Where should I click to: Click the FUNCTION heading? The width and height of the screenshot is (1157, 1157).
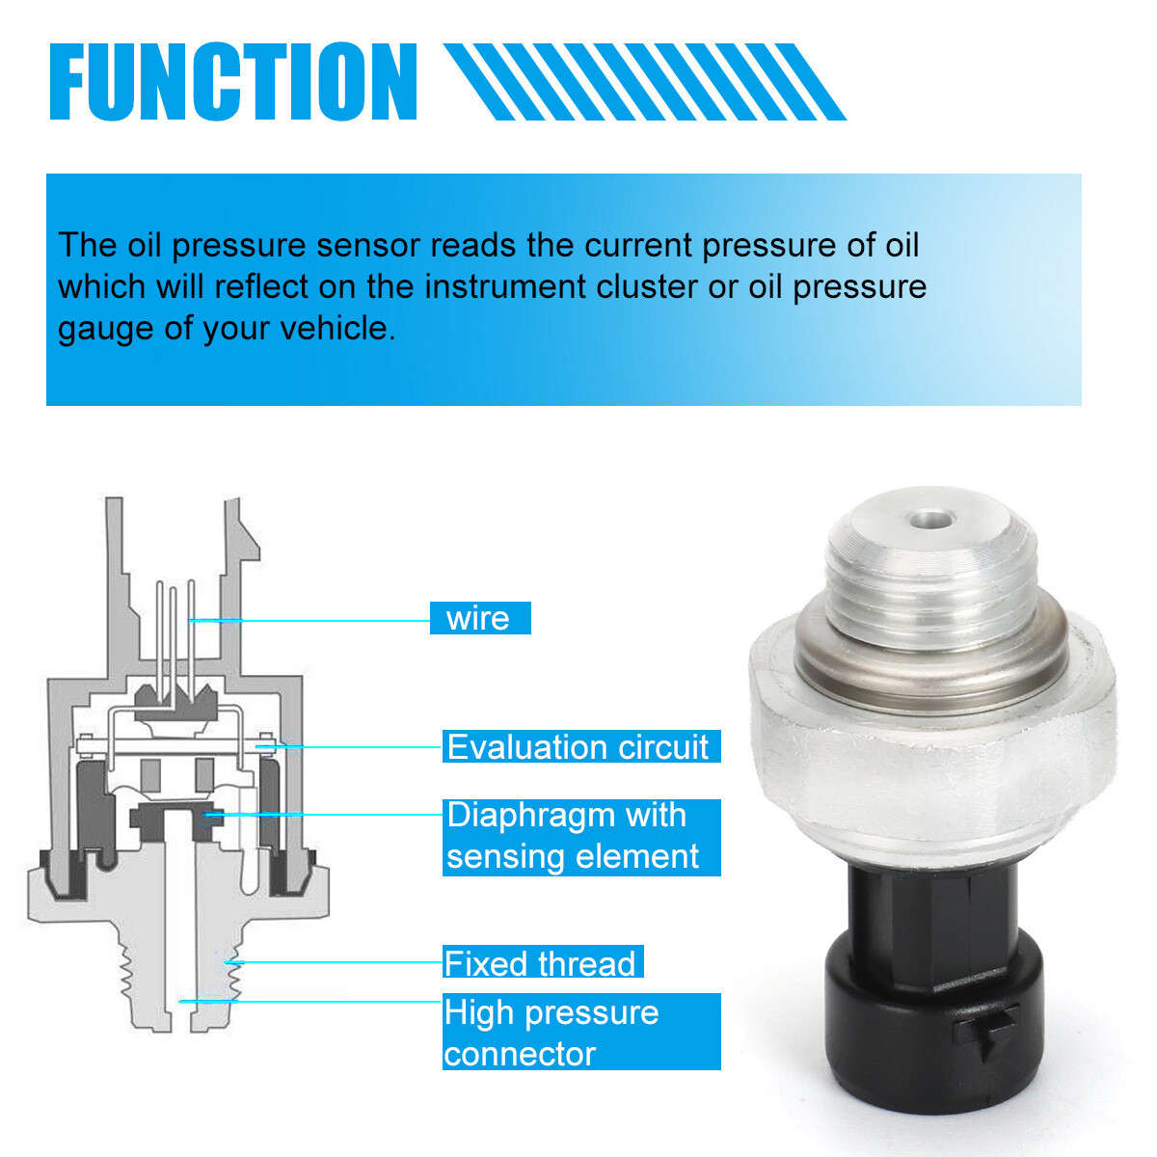point(233,82)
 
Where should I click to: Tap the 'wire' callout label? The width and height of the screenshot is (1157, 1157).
point(480,618)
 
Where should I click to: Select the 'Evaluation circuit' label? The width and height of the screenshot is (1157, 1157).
point(580,746)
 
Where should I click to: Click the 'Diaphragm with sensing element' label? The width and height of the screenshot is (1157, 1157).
point(580,837)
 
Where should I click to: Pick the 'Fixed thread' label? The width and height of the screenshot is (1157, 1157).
point(543,963)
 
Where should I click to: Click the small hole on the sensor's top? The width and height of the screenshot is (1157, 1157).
point(930,520)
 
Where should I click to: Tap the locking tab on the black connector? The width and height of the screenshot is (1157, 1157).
point(985,1034)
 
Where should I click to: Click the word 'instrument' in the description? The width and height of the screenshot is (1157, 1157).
point(504,287)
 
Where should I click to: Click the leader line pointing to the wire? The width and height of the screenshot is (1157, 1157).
point(309,620)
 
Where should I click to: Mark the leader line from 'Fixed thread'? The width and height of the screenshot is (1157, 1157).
point(334,962)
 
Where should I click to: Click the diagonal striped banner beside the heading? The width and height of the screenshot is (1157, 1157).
point(645,82)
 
